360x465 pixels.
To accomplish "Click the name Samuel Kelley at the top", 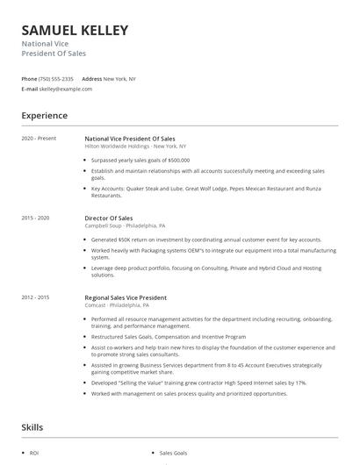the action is click(75, 31).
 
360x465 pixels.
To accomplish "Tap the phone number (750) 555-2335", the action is click(56, 78).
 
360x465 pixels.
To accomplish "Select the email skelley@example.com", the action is click(67, 89).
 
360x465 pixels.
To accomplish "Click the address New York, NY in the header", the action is click(119, 78).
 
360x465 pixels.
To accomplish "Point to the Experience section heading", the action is click(44, 115).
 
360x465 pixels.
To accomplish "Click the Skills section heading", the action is click(33, 427).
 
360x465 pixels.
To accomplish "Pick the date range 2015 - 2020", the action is click(36, 216).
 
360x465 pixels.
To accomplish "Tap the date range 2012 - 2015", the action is click(36, 297).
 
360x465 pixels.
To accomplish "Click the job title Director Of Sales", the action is click(108, 217).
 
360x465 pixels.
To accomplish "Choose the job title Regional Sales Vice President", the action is click(125, 297).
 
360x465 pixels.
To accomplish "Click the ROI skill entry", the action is click(34, 454).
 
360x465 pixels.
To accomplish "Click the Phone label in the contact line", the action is click(29, 78).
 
